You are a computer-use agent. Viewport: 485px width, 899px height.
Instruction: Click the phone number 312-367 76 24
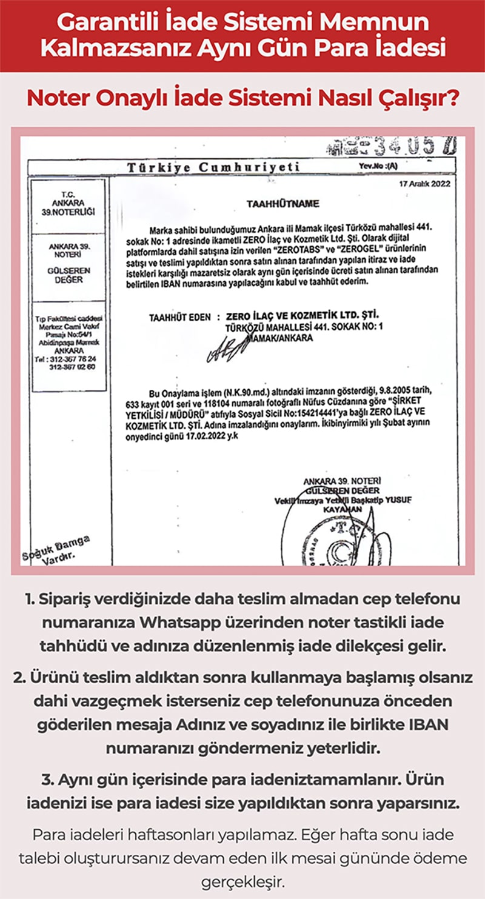click(69, 358)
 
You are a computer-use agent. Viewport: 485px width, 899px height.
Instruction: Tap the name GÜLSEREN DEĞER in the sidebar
click(69, 275)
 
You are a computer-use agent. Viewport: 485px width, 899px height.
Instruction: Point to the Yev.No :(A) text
click(378, 165)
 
